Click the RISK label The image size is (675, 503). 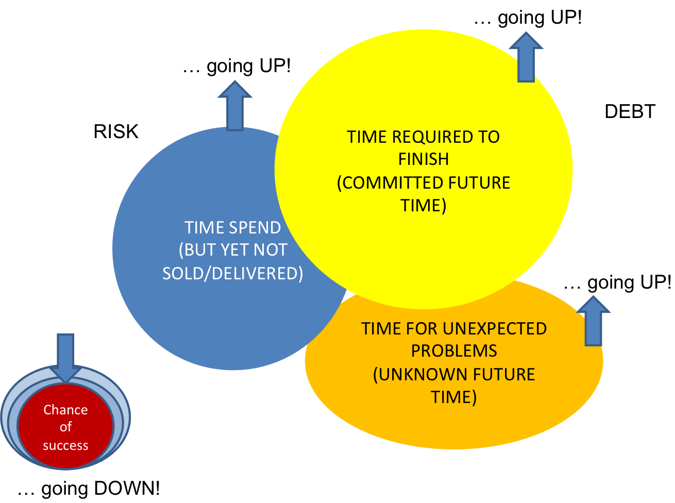[x=116, y=131]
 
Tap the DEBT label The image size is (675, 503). [x=630, y=111]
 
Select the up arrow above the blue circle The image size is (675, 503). [x=234, y=106]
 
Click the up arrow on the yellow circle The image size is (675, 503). [x=526, y=57]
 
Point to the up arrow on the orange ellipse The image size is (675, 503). [x=593, y=321]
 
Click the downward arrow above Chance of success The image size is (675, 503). [x=65, y=358]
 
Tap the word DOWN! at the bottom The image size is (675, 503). [x=127, y=489]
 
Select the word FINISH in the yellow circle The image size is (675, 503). [x=424, y=159]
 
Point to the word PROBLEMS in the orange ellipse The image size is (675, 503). [x=454, y=351]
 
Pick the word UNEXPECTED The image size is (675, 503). [x=495, y=329]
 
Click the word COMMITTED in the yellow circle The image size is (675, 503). [x=392, y=183]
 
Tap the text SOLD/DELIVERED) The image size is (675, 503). [x=232, y=274]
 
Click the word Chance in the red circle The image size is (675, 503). [x=65, y=410]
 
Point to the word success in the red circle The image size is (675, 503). [x=65, y=446]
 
